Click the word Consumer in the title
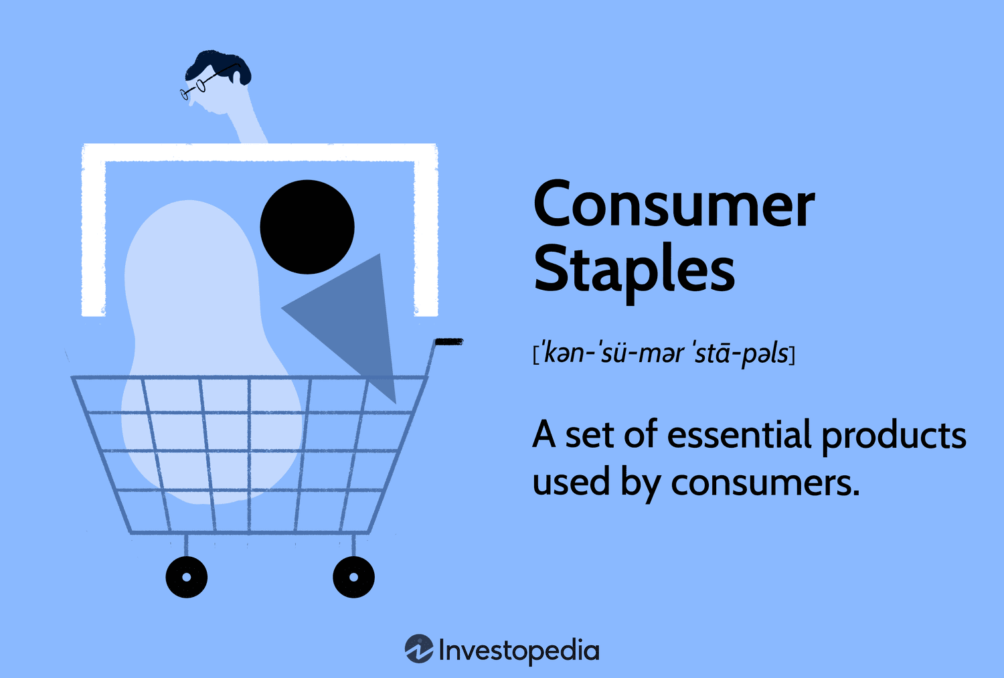click(x=673, y=205)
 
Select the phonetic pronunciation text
click(x=663, y=353)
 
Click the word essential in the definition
click(x=739, y=435)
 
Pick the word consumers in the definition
click(x=764, y=483)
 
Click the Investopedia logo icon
click(x=419, y=649)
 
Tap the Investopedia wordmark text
click(x=519, y=651)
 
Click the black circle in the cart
click(x=307, y=226)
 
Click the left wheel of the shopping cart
click(x=186, y=577)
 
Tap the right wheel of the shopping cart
click(x=353, y=577)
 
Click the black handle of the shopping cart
click(x=448, y=342)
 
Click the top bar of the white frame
click(x=260, y=153)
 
